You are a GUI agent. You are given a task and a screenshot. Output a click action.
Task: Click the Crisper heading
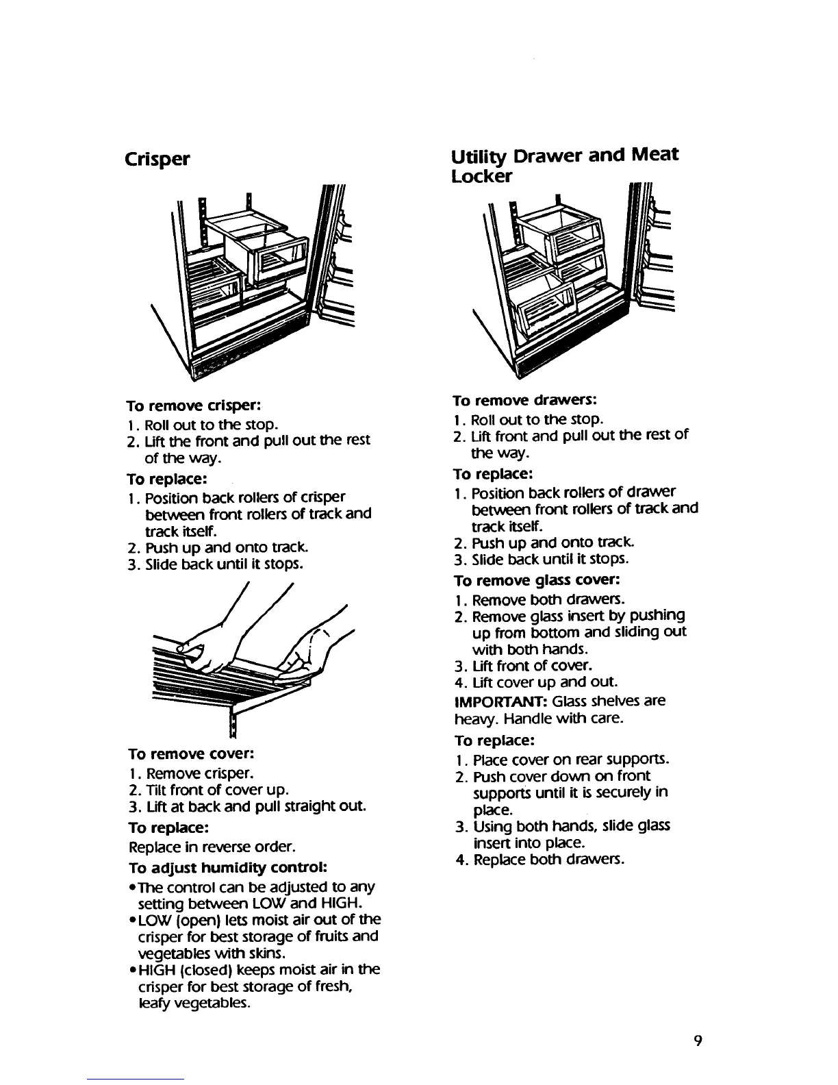pyautogui.click(x=157, y=159)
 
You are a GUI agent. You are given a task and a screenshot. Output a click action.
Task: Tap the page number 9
pyautogui.click(x=696, y=1041)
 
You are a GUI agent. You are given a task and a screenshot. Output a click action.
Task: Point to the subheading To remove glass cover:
pyautogui.click(x=537, y=580)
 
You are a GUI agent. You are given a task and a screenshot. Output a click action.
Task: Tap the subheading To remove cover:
pyautogui.click(x=191, y=754)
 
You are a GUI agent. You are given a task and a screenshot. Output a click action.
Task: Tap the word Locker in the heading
pyautogui.click(x=482, y=177)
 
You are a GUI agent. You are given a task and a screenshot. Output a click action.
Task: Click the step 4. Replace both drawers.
pyautogui.click(x=539, y=859)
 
